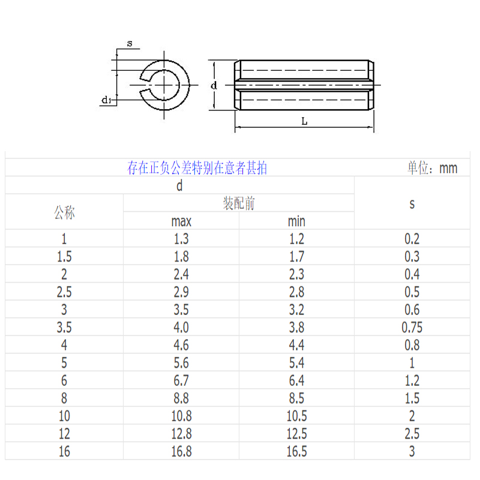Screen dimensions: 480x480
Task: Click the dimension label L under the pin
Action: [304, 121]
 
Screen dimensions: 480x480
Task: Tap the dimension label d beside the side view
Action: [214, 86]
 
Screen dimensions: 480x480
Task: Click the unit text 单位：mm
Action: [432, 168]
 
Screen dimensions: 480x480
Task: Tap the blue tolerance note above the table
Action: [197, 168]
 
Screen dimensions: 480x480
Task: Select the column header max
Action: [181, 221]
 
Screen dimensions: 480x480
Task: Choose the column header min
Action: [296, 221]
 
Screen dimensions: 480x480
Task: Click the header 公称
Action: [64, 212]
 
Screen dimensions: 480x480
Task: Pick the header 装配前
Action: [239, 203]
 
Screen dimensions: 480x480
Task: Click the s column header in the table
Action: [412, 204]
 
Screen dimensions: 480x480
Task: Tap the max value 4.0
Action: [181, 328]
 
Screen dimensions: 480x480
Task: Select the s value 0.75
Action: [412, 328]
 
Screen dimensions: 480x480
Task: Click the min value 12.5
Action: [296, 434]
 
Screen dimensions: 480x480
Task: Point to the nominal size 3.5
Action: [64, 328]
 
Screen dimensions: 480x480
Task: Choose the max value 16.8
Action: [181, 451]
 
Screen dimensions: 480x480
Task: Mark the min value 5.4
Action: [296, 363]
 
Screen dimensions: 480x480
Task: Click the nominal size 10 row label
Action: [64, 416]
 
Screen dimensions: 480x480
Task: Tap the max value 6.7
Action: [181, 380]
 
